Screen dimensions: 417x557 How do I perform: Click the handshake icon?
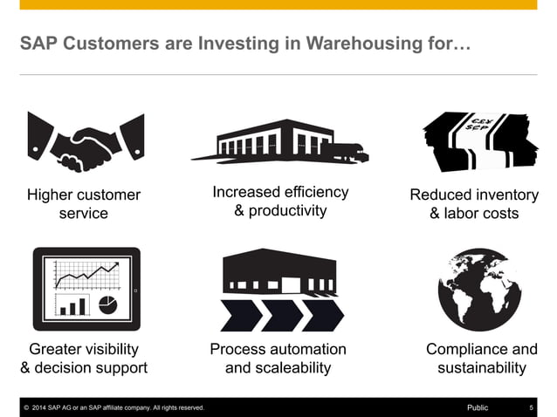click(84, 142)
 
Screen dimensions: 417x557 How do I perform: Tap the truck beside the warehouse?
click(345, 150)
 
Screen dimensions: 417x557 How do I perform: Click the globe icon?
click(478, 291)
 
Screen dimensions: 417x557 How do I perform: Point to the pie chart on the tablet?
click(108, 304)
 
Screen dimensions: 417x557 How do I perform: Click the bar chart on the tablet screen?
click(73, 304)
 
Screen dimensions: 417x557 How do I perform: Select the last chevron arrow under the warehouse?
click(322, 315)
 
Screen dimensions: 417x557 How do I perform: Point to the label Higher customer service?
click(84, 203)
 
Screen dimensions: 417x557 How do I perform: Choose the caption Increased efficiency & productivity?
click(280, 202)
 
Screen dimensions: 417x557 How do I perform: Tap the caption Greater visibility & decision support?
click(84, 359)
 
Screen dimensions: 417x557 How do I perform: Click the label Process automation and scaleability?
click(278, 359)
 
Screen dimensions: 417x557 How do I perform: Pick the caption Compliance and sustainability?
click(482, 359)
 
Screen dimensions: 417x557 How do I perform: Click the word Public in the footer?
click(478, 407)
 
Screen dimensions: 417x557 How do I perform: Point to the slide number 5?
click(532, 407)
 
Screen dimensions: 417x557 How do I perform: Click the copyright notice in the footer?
click(113, 407)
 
